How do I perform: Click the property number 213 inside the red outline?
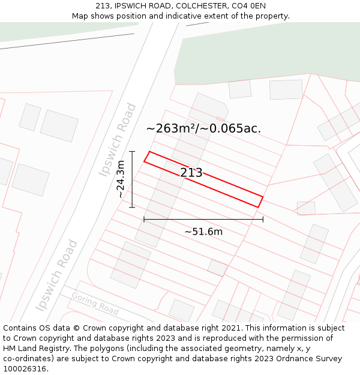[191, 173]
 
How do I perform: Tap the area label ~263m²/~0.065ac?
[203, 128]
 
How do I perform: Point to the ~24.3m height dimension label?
[121, 179]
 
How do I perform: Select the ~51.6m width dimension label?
[203, 232]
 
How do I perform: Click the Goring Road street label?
[95, 304]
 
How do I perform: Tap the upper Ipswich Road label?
[118, 140]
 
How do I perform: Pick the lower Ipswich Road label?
[56, 275]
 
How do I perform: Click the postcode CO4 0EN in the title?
[250, 6]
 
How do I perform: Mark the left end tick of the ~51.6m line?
[144, 220]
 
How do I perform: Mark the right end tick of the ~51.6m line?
[263, 220]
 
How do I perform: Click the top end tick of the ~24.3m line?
[132, 151]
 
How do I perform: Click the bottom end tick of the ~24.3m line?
[132, 207]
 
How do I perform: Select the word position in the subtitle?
[136, 16]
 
